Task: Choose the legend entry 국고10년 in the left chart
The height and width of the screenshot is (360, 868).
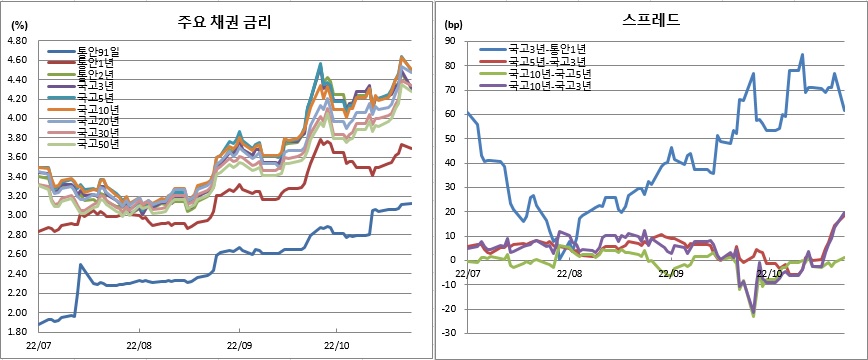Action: coord(98,108)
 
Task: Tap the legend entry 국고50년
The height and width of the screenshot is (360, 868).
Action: coord(98,143)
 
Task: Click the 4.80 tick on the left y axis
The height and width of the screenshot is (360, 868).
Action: coord(17,41)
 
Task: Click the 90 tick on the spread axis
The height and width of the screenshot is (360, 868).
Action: coord(452,41)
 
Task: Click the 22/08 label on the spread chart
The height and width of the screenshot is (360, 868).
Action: coord(571,271)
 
